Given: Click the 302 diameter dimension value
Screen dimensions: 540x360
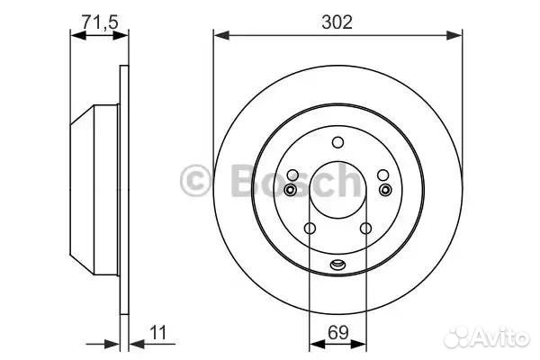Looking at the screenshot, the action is point(337,22).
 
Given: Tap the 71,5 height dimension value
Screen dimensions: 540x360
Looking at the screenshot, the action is point(100,22).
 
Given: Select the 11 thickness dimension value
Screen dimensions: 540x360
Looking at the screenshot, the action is point(158,332).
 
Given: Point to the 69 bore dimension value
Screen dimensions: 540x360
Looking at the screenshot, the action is point(338,332).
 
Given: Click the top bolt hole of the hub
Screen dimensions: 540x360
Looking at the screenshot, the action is point(337,142).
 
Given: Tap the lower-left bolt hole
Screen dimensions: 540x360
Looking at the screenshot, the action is point(310,228).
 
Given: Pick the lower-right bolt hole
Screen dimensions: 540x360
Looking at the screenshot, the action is point(365,228).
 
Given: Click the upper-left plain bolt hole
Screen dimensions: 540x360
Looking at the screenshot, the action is point(292,175).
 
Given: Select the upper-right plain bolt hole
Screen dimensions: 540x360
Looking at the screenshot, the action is point(383,175).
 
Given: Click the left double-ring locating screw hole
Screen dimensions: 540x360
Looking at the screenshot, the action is point(291,190).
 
